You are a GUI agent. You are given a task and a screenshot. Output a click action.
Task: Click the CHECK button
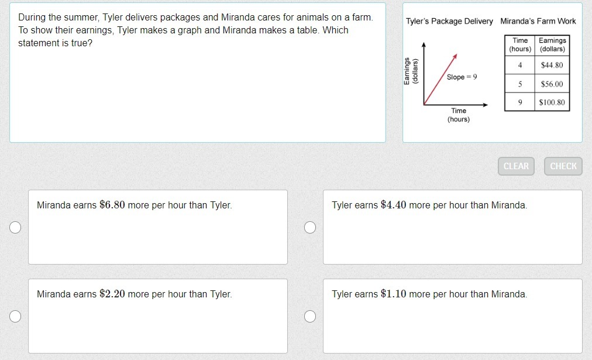[x=563, y=166]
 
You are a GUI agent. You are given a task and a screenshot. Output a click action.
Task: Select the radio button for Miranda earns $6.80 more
[x=15, y=227]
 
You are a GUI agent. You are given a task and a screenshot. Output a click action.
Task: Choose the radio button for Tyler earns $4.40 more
[x=310, y=227]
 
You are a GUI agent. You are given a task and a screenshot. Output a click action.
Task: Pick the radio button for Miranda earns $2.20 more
[x=15, y=316]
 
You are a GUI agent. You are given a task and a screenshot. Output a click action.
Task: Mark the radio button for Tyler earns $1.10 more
[x=310, y=316]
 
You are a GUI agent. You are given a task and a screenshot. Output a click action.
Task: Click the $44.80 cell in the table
[x=552, y=65]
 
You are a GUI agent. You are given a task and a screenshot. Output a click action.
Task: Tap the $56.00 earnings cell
[x=552, y=84]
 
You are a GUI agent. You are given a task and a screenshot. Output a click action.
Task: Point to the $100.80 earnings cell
[x=552, y=102]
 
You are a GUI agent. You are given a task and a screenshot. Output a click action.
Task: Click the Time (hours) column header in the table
[x=520, y=44]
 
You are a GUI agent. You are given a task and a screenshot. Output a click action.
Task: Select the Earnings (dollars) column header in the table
[x=552, y=44]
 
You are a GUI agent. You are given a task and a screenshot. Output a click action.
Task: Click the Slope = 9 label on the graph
[x=462, y=77]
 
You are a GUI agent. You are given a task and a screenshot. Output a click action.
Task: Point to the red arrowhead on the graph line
[x=455, y=56]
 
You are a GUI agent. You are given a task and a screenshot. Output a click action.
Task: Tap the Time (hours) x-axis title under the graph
[x=459, y=115]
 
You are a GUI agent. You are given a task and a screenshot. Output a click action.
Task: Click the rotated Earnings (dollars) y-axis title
[x=411, y=71]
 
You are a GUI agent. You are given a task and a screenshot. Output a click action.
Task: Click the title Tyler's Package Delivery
[x=449, y=21]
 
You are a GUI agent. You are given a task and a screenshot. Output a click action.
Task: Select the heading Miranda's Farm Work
[x=538, y=21]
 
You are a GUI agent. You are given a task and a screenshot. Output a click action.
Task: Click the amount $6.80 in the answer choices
[x=112, y=205]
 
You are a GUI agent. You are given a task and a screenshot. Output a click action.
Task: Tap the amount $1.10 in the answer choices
[x=394, y=293]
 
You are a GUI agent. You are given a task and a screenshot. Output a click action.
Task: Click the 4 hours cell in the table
[x=520, y=65]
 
